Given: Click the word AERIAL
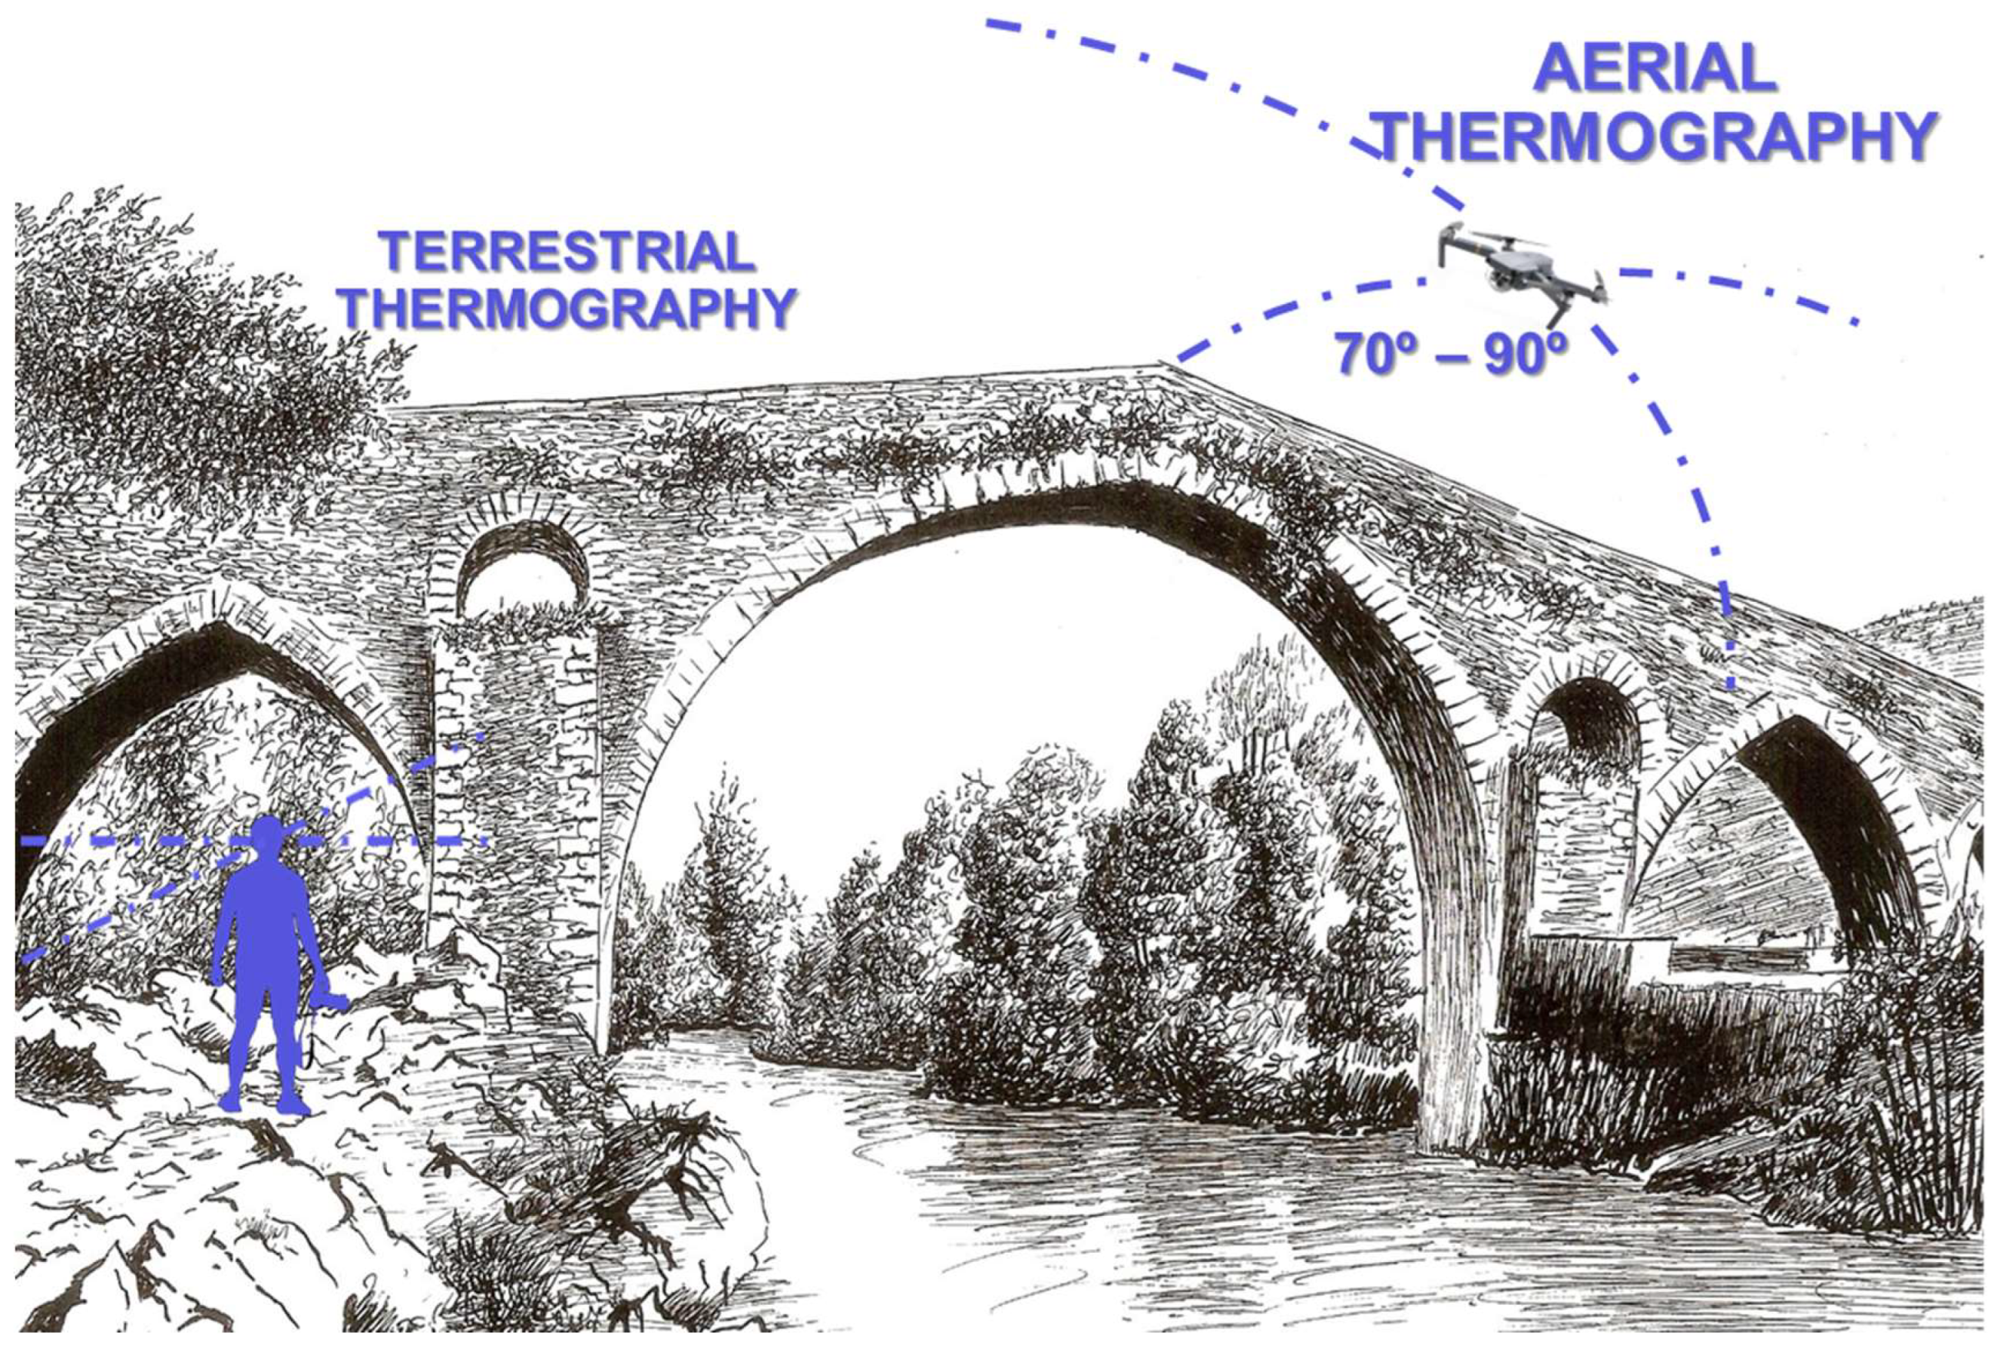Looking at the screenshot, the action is coord(1654,69).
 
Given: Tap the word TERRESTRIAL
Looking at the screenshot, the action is coord(567,253).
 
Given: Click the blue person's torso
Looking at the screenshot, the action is coord(267,920).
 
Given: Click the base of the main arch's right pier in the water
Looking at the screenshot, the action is coord(1452,1125).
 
